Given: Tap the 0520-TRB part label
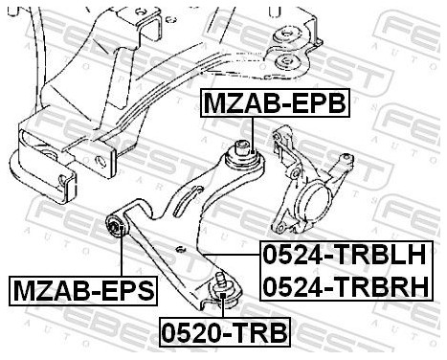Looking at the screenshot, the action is click(222, 335).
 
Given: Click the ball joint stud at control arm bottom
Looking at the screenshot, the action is click(218, 284).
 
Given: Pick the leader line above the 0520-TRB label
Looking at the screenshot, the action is click(222, 308).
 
